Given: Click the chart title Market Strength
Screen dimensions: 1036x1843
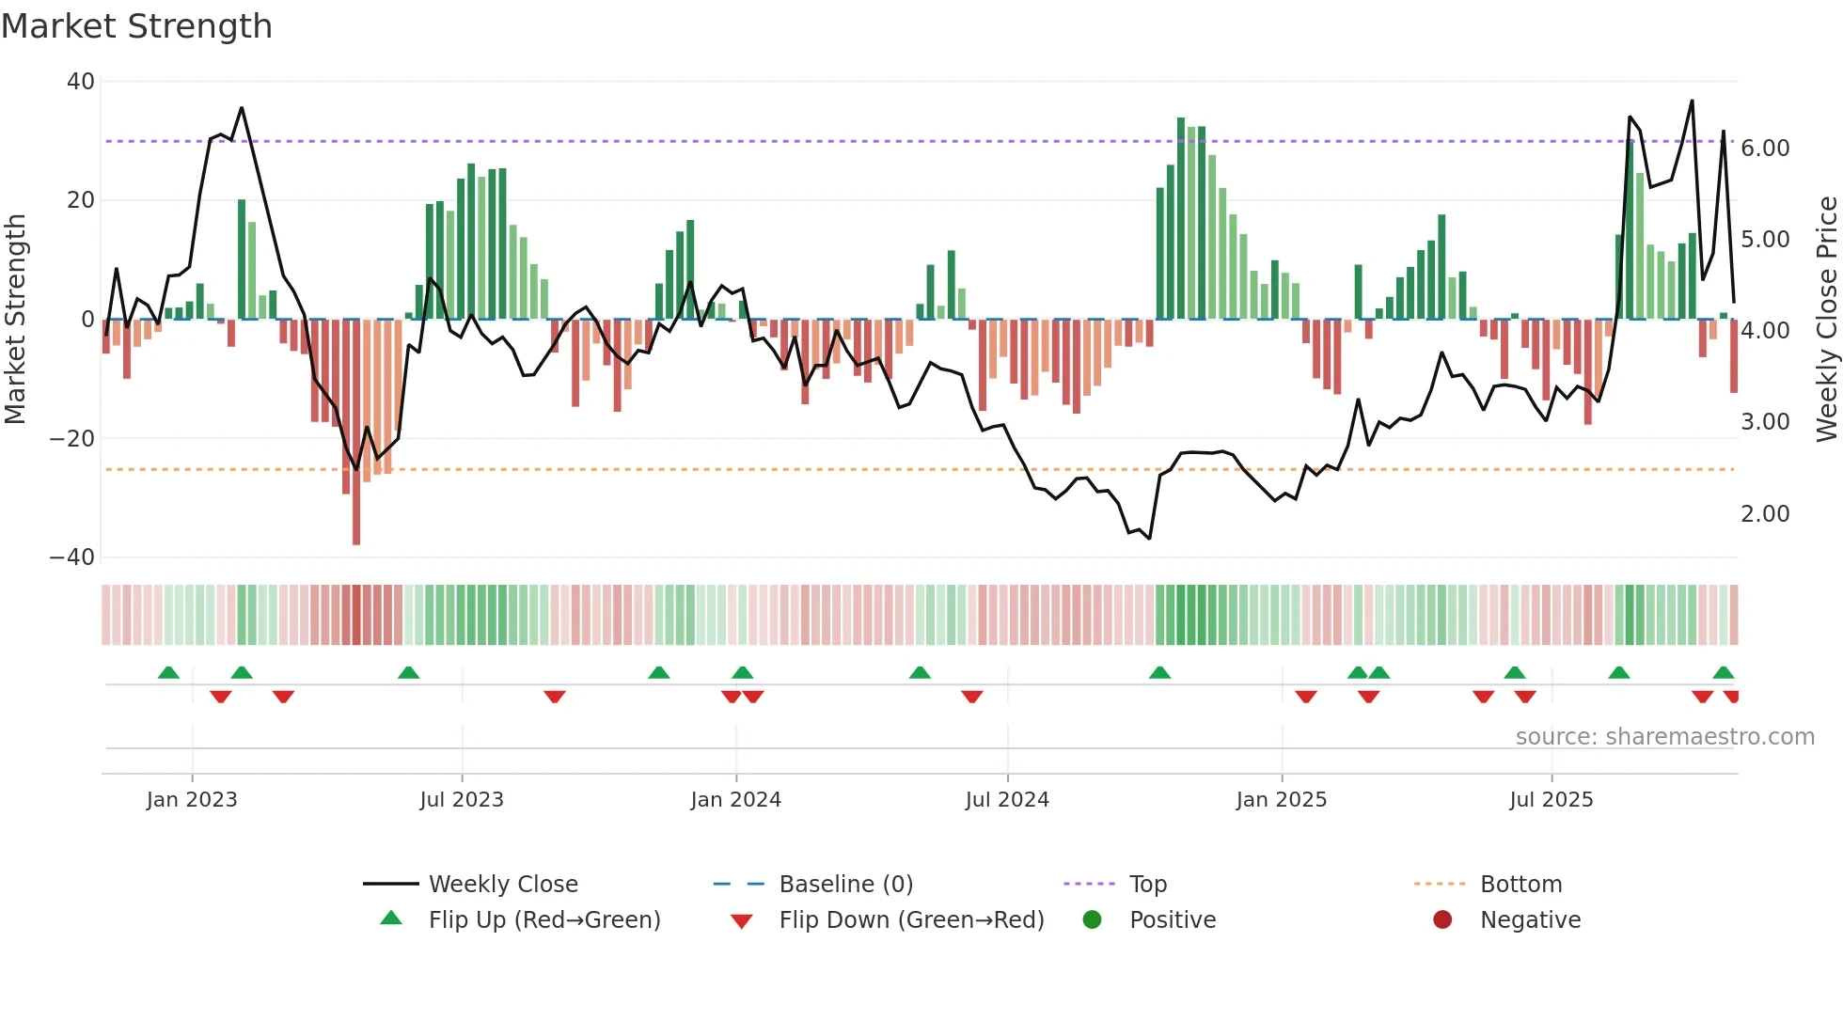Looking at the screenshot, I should pyautogui.click(x=136, y=26).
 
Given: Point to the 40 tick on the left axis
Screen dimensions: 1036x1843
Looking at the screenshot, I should pyautogui.click(x=81, y=82).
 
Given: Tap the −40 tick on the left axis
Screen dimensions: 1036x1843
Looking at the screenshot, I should pyautogui.click(x=72, y=557).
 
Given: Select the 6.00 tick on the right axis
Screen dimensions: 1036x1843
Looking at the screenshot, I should pyautogui.click(x=1765, y=149).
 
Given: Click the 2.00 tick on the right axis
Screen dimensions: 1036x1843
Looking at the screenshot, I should pyautogui.click(x=1765, y=514).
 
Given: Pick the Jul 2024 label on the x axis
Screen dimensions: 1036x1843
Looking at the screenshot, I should pyautogui.click(x=1007, y=800).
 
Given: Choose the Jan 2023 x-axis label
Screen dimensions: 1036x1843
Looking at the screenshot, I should pyautogui.click(x=192, y=800).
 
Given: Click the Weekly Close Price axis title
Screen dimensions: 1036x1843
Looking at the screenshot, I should pyautogui.click(x=1826, y=320).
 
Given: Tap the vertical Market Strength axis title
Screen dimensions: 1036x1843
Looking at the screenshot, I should pyautogui.click(x=16, y=320).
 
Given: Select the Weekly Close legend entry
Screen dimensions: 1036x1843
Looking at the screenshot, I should pyautogui.click(x=503, y=885).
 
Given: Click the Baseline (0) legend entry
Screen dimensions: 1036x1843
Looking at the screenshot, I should pyautogui.click(x=845, y=885).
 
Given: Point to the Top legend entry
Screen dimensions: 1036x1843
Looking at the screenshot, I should pyautogui.click(x=1147, y=885).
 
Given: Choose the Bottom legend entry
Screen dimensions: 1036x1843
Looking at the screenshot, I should pyautogui.click(x=1520, y=885).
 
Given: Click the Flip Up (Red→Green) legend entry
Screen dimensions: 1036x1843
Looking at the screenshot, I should pyautogui.click(x=543, y=920).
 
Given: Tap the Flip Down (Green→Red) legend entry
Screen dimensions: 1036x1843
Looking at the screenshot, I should pyautogui.click(x=911, y=920).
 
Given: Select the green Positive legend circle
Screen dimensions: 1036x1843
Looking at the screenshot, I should pyautogui.click(x=1092, y=920).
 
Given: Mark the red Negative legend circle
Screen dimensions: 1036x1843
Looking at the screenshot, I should pyautogui.click(x=1442, y=920).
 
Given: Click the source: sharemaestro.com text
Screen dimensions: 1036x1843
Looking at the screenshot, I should pyautogui.click(x=1664, y=737).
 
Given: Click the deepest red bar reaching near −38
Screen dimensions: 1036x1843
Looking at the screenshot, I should pyautogui.click(x=356, y=432).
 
